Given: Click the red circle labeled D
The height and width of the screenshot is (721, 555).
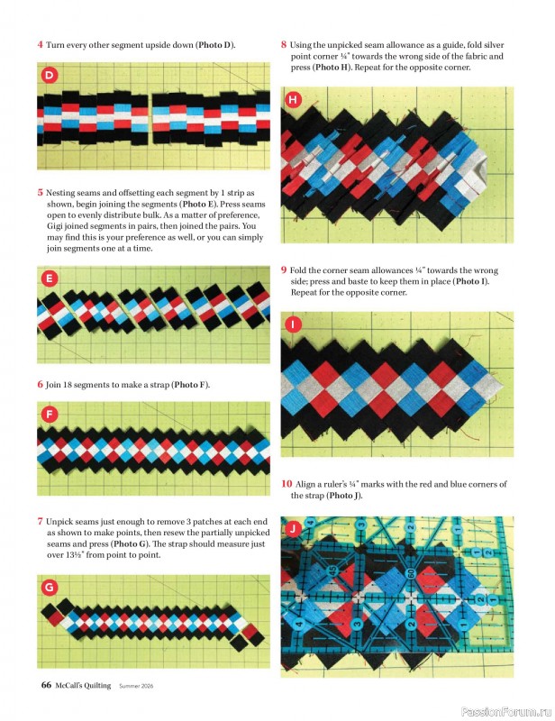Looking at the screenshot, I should (50, 75).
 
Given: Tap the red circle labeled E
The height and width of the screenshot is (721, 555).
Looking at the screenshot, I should (50, 279).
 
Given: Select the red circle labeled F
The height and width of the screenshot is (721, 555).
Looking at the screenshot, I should (50, 415).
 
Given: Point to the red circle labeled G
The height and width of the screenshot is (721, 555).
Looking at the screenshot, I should (50, 588).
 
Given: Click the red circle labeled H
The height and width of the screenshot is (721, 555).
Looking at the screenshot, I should (294, 99).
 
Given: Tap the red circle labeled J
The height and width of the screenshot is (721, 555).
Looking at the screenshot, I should (294, 528).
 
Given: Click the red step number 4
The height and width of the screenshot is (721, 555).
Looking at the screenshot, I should (40, 44).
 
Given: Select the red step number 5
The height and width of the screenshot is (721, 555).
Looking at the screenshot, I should (40, 192).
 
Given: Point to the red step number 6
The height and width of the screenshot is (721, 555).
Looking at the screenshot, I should (40, 384).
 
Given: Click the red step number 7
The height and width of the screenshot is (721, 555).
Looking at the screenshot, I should (40, 521).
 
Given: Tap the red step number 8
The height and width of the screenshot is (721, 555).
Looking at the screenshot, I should (284, 43).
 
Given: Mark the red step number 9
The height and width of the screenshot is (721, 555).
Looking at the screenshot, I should (284, 269).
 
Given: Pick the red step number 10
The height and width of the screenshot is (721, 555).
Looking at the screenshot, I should (287, 484).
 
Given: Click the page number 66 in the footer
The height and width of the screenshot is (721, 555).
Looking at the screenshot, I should (46, 685).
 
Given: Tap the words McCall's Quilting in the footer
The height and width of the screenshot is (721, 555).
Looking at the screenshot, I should (84, 685).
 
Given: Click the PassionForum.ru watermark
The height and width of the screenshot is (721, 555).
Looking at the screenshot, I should (504, 710).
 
